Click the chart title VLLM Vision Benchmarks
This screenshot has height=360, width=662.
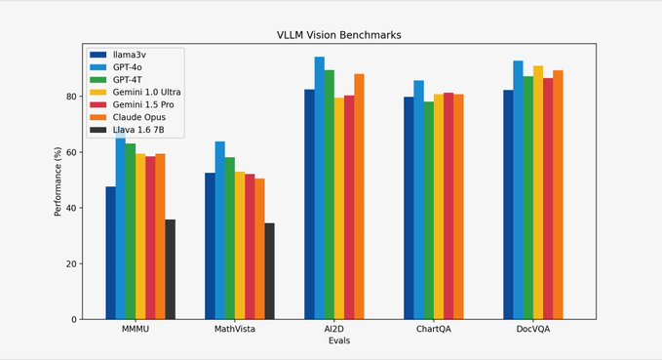[338, 35]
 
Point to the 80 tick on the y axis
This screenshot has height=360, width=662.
[70, 97]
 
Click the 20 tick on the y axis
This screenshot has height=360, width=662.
[70, 263]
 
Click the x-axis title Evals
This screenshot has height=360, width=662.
[338, 340]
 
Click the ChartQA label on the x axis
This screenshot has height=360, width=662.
[433, 330]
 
